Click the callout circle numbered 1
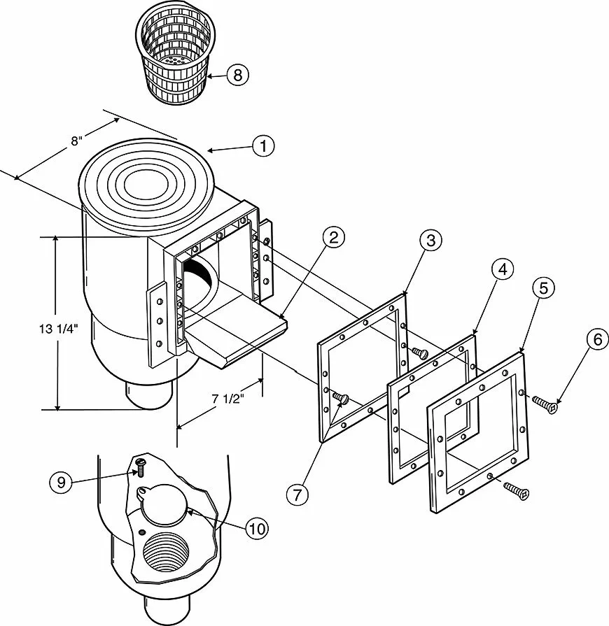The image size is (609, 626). tap(263, 146)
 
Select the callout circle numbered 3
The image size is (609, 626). tap(430, 241)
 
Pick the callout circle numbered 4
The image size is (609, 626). tap(503, 269)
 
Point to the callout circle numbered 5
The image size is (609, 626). tap(543, 288)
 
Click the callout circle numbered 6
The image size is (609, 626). tap(598, 339)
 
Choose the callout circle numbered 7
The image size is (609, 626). tap(297, 495)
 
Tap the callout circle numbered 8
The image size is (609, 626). tap(238, 75)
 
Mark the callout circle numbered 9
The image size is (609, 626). tap(61, 483)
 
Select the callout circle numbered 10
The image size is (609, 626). tap(258, 529)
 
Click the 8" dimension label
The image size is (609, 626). tap(77, 141)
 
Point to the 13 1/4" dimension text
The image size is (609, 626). tap(58, 329)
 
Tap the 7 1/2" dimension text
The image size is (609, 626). tap(227, 399)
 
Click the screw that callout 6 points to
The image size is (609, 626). tap(545, 404)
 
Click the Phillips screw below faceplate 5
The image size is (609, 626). tap(517, 490)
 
